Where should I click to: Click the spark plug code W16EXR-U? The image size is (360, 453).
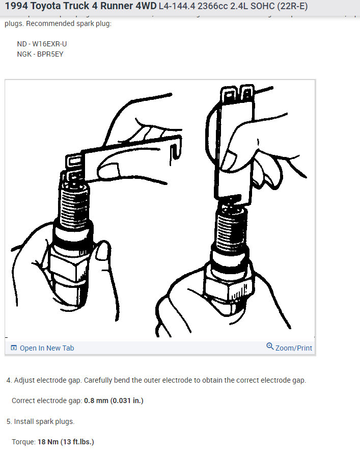tap(49, 44)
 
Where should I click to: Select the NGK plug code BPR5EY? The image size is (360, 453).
tap(50, 54)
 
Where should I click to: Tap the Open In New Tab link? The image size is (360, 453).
tap(47, 348)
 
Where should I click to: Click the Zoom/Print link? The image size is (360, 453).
tap(294, 348)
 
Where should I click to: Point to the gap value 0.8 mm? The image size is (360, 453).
tap(96, 401)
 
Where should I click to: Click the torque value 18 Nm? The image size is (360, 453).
tap(48, 441)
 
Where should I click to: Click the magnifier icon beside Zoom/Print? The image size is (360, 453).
tap(270, 347)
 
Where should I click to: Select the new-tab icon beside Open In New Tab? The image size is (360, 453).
tap(14, 348)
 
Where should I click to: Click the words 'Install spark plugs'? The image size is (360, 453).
tap(44, 421)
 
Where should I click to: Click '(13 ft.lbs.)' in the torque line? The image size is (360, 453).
tap(77, 441)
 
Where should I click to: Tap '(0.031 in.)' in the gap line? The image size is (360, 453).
tap(127, 401)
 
